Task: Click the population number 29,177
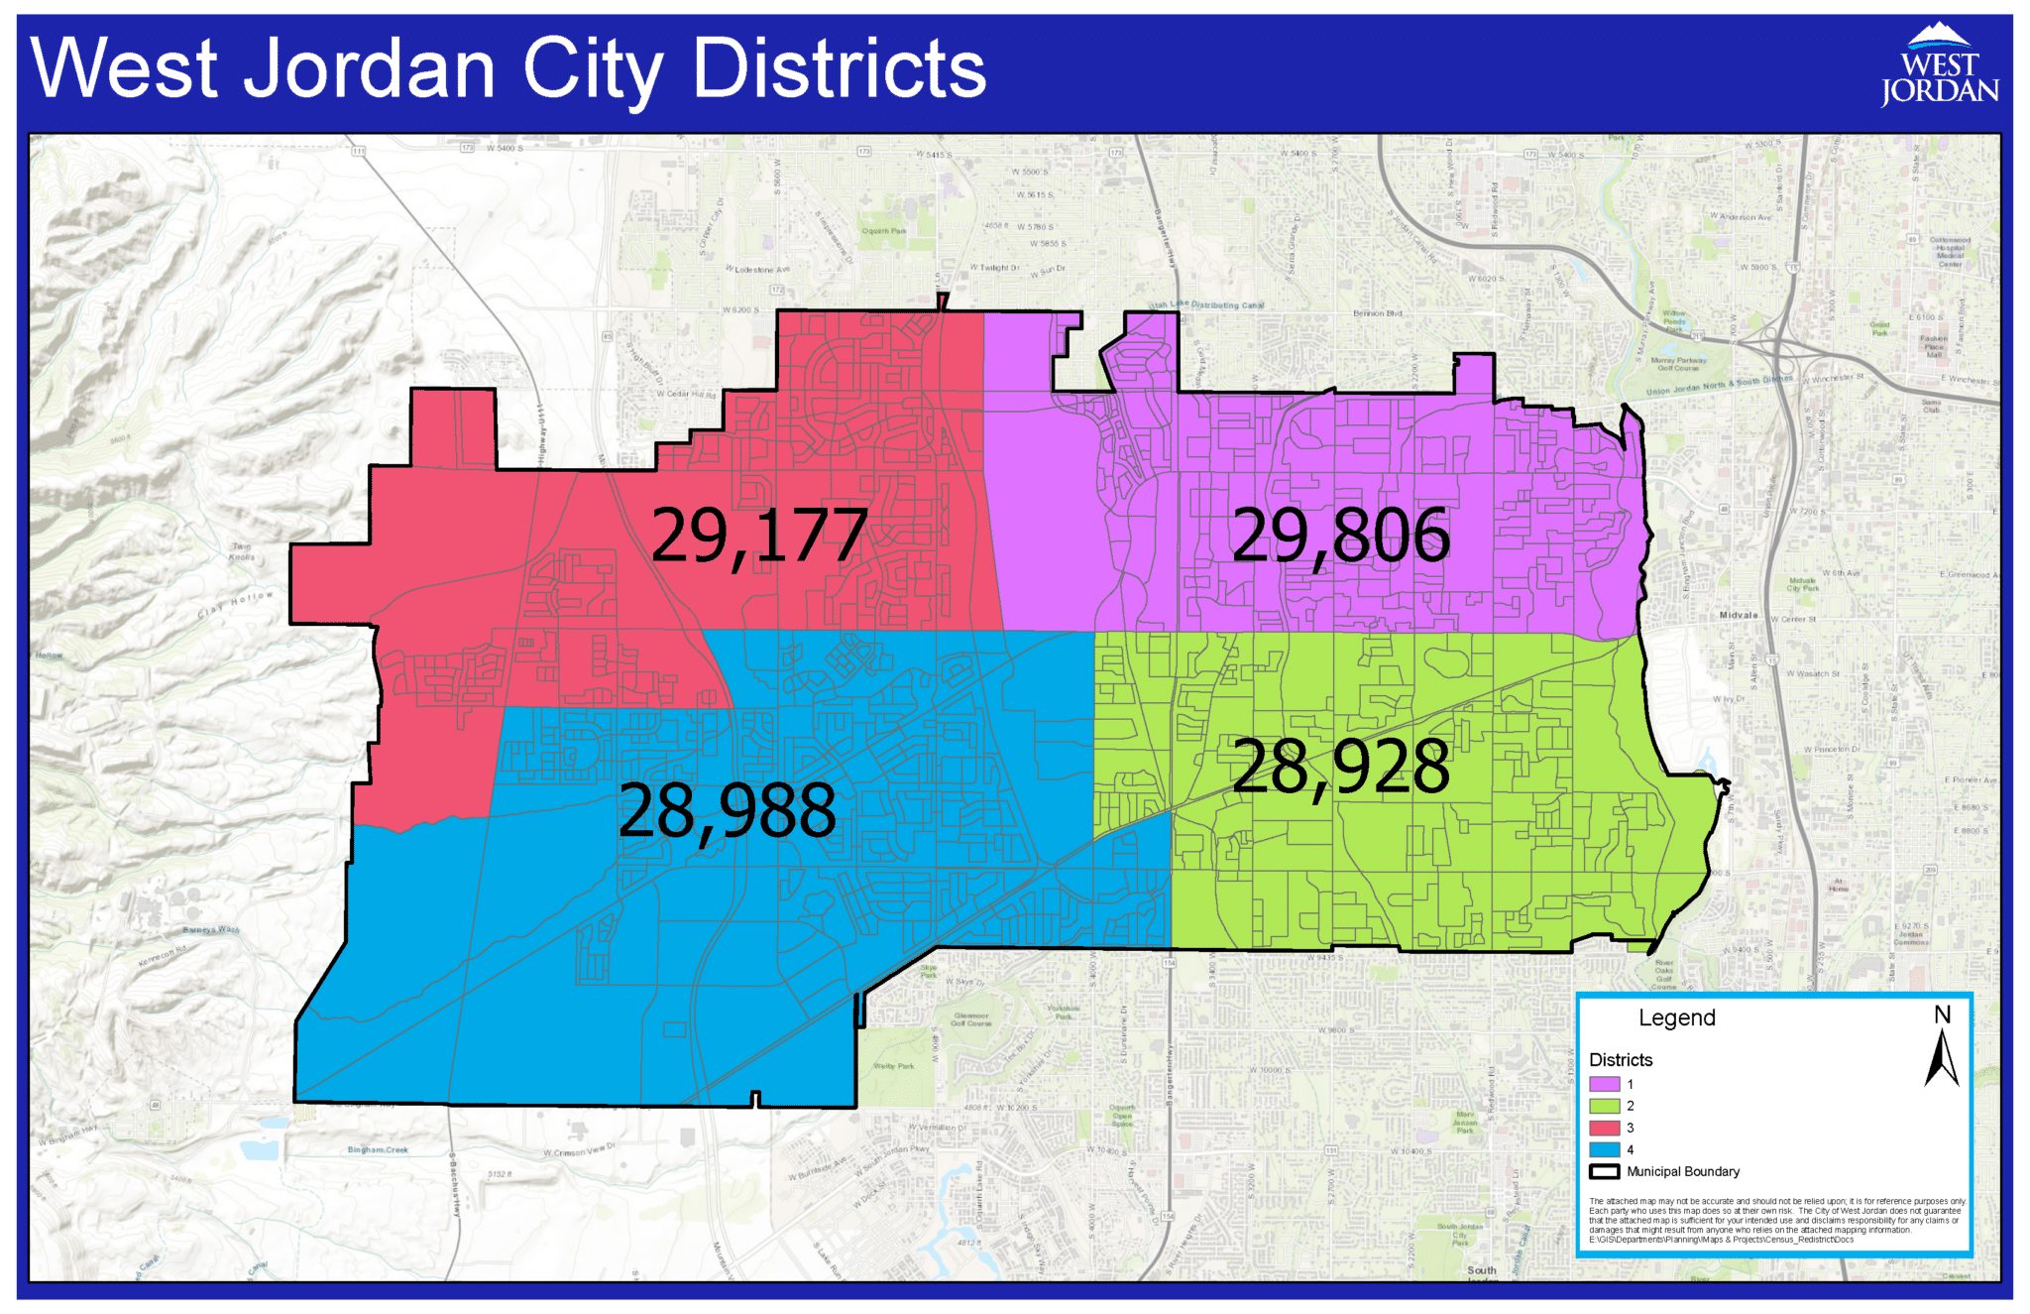coord(758,536)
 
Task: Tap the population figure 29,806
coord(1340,536)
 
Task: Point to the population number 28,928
coord(1340,767)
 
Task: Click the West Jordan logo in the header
coord(1939,66)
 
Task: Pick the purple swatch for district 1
coord(1604,1084)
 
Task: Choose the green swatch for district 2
coord(1604,1106)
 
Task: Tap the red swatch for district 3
coord(1604,1128)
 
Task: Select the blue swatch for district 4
coord(1604,1149)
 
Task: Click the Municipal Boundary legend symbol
coord(1604,1171)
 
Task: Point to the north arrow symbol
coord(1942,1057)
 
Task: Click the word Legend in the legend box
coord(1676,1018)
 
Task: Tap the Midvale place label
coord(1739,615)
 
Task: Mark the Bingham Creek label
coord(378,1150)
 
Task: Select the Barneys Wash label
coord(211,930)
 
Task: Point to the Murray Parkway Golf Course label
coord(1678,364)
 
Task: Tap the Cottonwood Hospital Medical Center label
coord(1950,252)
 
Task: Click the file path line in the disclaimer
coord(1721,1240)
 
